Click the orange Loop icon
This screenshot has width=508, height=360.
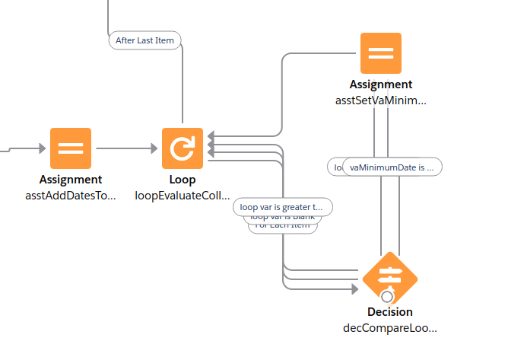tap(183, 148)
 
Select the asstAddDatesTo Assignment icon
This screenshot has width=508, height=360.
tap(71, 148)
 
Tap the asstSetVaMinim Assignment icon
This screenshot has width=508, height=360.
tap(381, 53)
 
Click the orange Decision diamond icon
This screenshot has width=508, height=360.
tap(390, 277)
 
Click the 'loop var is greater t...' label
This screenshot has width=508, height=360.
tap(282, 206)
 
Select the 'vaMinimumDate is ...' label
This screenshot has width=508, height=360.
tap(392, 167)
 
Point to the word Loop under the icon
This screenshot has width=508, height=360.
tap(183, 180)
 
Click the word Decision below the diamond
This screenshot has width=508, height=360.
tap(390, 312)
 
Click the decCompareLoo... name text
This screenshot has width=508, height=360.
tap(391, 328)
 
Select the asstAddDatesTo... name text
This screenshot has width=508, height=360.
tap(71, 196)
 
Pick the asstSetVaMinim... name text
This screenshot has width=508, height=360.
tap(381, 100)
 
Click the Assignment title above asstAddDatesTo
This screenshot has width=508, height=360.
tap(71, 180)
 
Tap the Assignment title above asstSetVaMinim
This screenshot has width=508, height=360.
tap(381, 84)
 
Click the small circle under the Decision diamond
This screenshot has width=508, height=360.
tap(388, 297)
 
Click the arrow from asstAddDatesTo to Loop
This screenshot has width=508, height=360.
tap(125, 148)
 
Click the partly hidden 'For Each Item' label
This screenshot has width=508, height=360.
tap(282, 226)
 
